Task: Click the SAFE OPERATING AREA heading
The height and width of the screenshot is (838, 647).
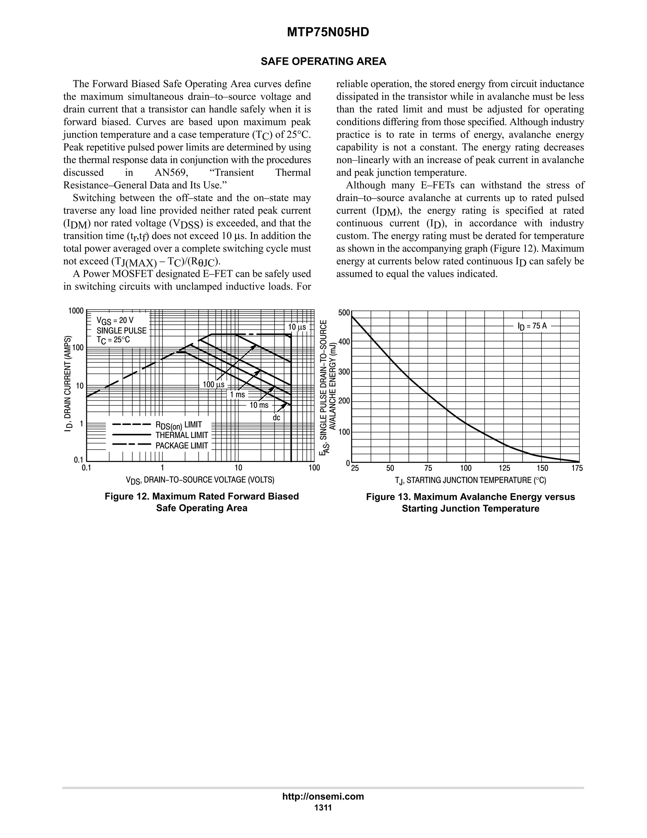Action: click(323, 61)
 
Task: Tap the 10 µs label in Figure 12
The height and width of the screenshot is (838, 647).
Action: click(297, 327)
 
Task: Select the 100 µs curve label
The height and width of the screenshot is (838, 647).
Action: click(214, 385)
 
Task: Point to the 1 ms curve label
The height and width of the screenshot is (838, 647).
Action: click(237, 394)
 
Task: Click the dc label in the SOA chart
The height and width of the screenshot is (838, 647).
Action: click(276, 417)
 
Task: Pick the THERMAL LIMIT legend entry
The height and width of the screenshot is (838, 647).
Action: click(182, 435)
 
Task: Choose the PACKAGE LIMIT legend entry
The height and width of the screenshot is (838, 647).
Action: click(182, 446)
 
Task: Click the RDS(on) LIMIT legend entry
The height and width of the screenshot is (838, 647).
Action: click(178, 425)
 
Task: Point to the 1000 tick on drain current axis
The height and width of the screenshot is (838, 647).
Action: click(76, 311)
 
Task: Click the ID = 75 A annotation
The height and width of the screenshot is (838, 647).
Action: click(532, 326)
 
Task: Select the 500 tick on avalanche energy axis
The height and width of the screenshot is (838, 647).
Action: click(344, 313)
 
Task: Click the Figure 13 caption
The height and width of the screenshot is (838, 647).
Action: click(470, 503)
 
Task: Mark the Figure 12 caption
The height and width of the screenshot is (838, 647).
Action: click(202, 502)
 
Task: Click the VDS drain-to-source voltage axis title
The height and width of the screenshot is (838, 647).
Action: click(200, 480)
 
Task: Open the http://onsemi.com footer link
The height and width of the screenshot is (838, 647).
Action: click(323, 796)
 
